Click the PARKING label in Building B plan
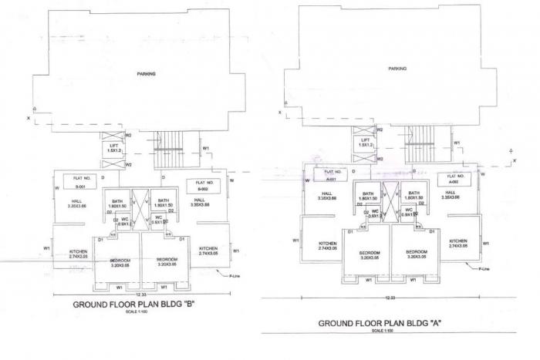tap(146, 74)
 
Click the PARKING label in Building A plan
tap(397, 69)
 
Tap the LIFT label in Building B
tap(114, 146)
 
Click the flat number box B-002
tap(204, 185)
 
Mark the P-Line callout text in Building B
tap(235, 275)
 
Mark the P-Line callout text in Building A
tap(484, 269)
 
